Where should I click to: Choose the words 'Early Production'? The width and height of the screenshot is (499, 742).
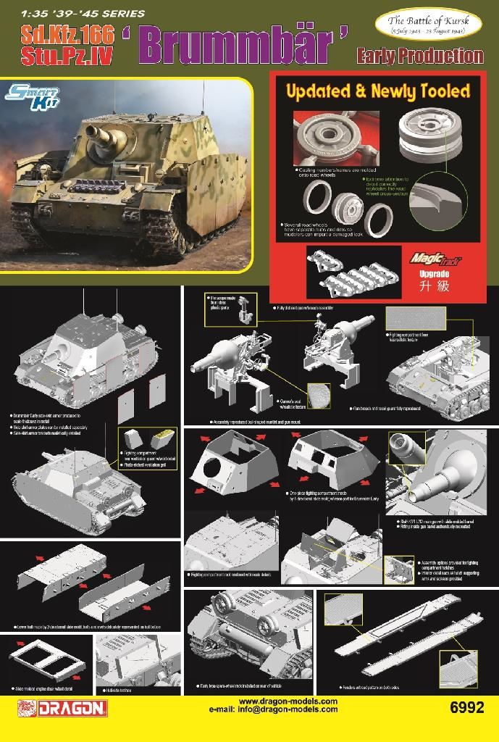(419, 55)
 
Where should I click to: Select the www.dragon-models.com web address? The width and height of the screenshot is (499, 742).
(288, 701)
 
